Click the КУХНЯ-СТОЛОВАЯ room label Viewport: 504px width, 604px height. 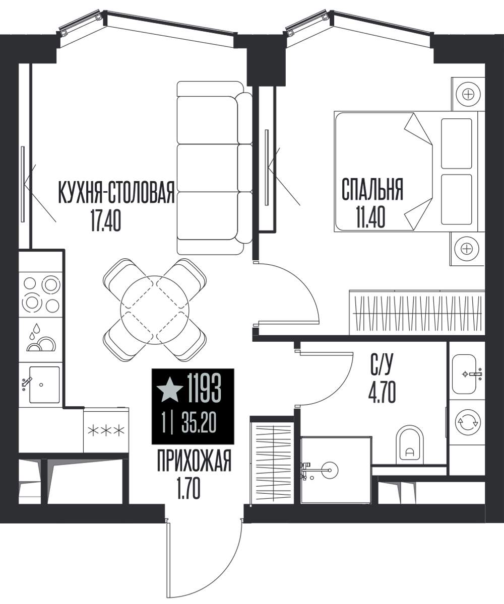[x=116, y=192]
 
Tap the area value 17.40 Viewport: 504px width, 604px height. [x=105, y=220]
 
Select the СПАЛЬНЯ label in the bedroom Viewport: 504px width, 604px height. [x=372, y=189]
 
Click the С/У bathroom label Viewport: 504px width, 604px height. [x=382, y=365]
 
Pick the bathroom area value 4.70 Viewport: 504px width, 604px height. [x=382, y=393]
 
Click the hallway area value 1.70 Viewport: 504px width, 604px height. [x=188, y=489]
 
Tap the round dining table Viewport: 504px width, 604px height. [x=154, y=310]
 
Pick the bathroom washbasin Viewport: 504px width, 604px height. [x=465, y=374]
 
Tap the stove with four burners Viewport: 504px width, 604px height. [x=40, y=294]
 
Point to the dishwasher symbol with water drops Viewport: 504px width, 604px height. [x=40, y=339]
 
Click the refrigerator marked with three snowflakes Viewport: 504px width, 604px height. [x=106, y=431]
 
